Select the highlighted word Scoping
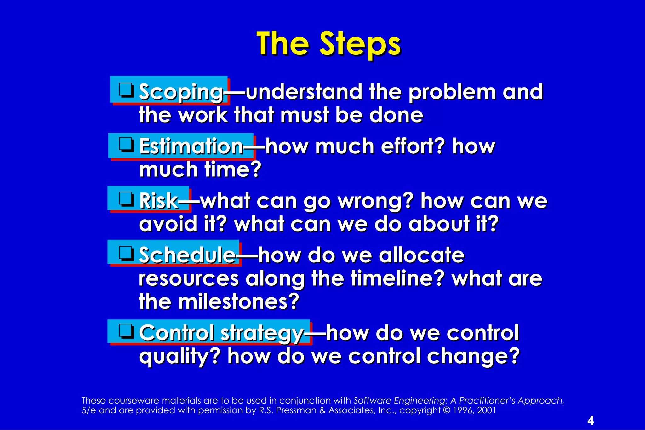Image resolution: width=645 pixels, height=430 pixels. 181,92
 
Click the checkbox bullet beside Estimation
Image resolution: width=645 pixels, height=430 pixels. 126,145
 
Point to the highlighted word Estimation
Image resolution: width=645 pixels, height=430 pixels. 191,146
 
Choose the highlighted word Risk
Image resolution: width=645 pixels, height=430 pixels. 159,201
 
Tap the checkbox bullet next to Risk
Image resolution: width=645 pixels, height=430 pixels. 126,199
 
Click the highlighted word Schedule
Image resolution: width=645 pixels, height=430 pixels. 187,255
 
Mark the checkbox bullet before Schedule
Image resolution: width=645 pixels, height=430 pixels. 126,253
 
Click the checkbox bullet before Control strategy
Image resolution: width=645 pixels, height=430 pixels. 126,331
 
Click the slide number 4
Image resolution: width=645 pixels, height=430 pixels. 591,421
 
